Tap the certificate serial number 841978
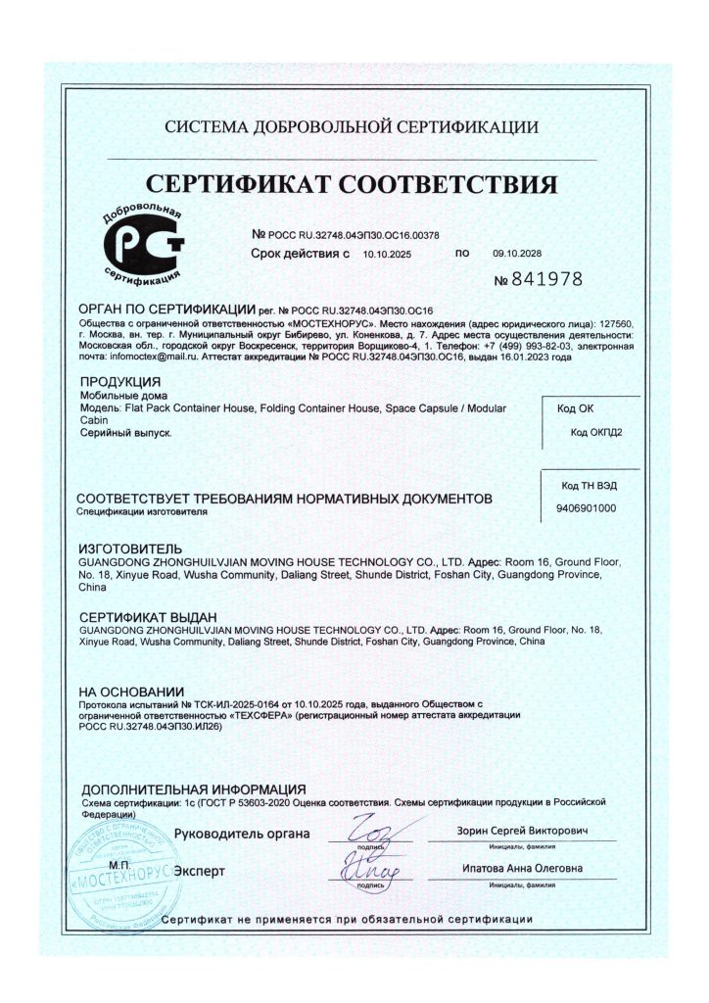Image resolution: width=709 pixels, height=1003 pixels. (539, 279)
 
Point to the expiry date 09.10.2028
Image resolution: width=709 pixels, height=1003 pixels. (518, 253)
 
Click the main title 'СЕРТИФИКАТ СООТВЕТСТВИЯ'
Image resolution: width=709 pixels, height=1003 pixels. (352, 184)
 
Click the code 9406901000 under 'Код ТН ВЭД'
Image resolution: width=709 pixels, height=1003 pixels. (586, 509)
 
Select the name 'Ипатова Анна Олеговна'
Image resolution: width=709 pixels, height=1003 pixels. (523, 869)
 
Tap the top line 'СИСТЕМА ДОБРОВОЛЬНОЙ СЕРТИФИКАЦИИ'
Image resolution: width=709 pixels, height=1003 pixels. (352, 127)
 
